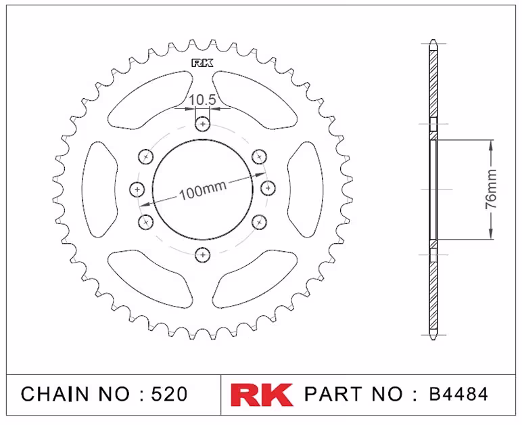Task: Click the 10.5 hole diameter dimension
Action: [x=203, y=99]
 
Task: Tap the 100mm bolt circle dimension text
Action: [x=203, y=190]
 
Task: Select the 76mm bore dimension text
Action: [x=491, y=189]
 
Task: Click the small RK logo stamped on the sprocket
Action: [x=202, y=63]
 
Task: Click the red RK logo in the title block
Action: [x=262, y=395]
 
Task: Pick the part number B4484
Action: [x=458, y=394]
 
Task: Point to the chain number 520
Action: [x=169, y=394]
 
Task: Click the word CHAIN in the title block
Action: [x=55, y=394]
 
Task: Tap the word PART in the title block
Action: [x=333, y=394]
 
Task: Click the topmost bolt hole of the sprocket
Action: [x=203, y=125]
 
